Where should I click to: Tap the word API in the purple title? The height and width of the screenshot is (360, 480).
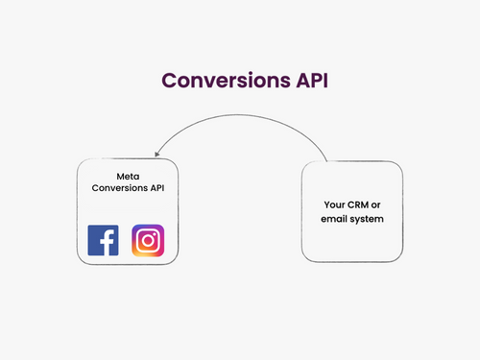(x=300, y=80)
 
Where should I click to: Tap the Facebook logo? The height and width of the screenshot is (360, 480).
(x=103, y=240)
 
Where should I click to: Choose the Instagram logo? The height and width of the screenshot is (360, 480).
(x=148, y=240)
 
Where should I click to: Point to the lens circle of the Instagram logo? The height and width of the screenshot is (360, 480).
(x=148, y=240)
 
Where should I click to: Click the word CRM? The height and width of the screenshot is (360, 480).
(x=359, y=205)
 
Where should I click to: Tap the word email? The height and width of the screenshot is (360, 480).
(x=335, y=219)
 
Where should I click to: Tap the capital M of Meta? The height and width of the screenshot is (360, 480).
(x=120, y=177)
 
